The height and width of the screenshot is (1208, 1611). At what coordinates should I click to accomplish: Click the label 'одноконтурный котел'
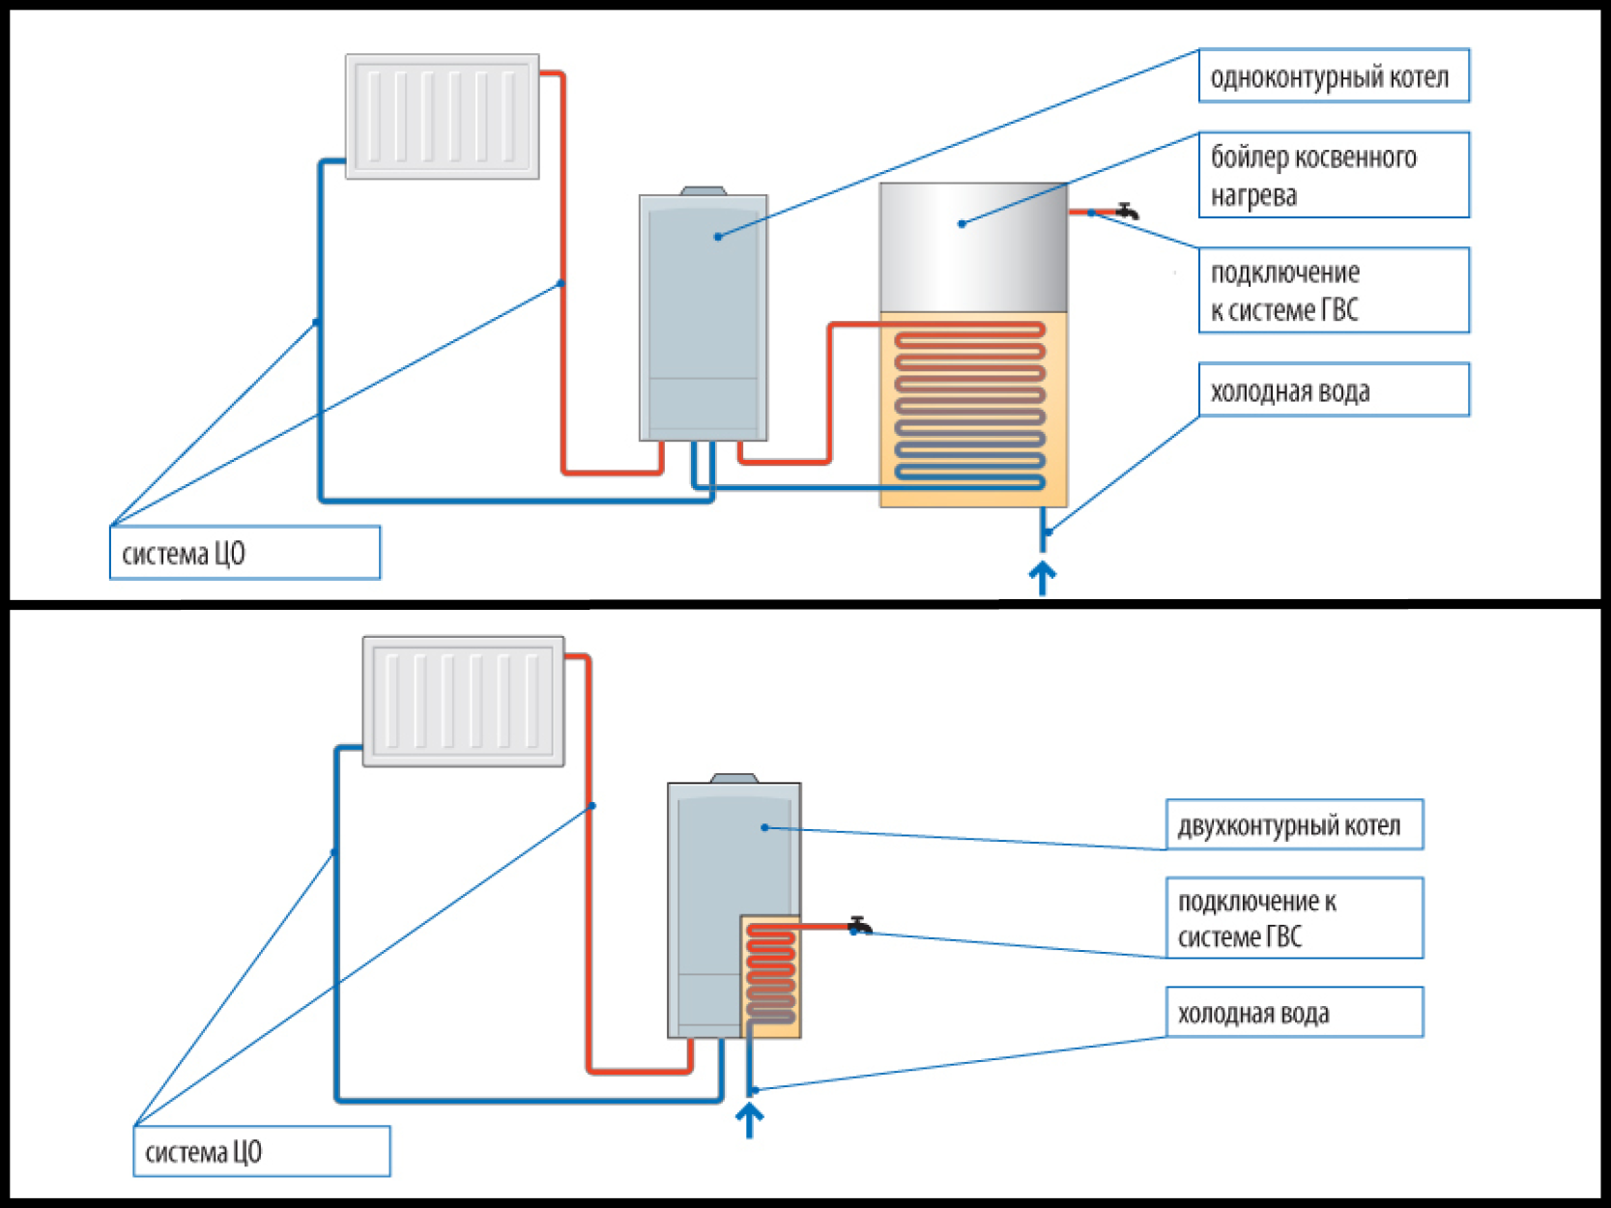1333,76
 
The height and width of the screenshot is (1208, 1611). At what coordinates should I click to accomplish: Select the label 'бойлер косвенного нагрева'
1333,175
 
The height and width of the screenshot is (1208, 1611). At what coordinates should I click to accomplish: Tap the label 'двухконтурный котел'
1293,825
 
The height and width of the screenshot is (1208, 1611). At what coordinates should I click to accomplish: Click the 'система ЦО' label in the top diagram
245,553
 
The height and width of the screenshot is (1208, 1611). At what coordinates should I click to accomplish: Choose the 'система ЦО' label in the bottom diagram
261,1151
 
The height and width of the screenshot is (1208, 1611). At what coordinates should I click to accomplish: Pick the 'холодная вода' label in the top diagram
1333,390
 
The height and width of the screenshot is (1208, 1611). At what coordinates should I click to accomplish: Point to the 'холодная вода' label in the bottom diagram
1293,1013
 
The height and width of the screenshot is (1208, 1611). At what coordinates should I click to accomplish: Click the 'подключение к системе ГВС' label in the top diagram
1333,291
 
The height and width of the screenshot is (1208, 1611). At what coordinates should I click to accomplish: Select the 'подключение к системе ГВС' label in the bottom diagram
1293,918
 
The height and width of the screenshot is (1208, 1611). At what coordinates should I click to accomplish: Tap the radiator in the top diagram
443,117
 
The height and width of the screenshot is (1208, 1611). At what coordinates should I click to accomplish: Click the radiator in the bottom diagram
463,702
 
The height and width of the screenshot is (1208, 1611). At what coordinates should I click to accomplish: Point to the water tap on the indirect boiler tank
1127,210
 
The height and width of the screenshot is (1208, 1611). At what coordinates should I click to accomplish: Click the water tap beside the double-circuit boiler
860,925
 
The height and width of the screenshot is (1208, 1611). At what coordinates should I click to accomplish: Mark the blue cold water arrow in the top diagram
1042,578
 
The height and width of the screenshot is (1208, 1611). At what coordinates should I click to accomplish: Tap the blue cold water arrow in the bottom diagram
750,1120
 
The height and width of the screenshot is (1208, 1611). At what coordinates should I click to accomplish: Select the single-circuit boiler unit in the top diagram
704,317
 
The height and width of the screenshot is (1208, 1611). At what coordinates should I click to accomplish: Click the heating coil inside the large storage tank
970,404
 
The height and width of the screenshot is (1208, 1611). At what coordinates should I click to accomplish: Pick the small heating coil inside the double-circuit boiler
770,974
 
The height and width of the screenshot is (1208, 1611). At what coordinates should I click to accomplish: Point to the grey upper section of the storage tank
973,247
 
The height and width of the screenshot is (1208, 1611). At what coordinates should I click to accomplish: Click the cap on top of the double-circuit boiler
734,778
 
